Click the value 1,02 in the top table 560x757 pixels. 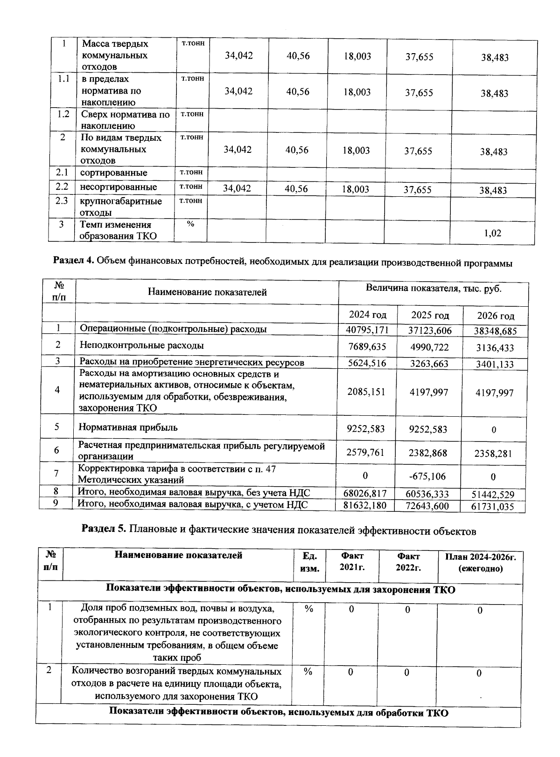click(x=493, y=233)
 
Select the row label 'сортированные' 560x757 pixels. click(x=114, y=173)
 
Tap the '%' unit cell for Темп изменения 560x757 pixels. click(x=190, y=224)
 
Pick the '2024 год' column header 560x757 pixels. click(x=368, y=315)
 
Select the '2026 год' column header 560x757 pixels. click(x=496, y=316)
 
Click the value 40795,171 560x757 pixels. click(x=367, y=330)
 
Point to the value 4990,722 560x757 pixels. click(x=429, y=347)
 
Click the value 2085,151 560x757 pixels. click(x=367, y=392)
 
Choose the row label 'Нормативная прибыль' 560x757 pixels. click(x=128, y=427)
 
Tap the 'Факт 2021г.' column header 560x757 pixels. click(x=352, y=562)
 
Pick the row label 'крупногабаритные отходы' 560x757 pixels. click(x=121, y=206)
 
